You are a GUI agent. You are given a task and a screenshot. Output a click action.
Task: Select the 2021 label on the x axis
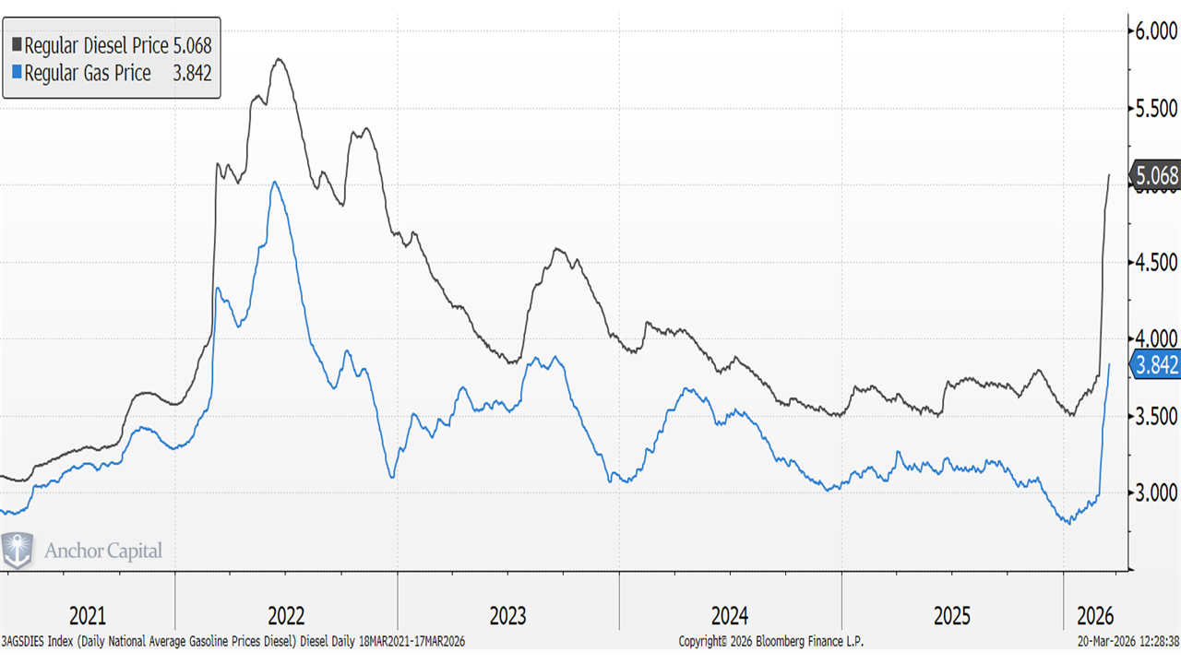point(88,615)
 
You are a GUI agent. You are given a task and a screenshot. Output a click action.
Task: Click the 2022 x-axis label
point(286,615)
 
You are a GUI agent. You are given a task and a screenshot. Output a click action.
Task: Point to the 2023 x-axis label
point(508,615)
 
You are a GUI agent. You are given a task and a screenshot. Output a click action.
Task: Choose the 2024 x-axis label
point(730,615)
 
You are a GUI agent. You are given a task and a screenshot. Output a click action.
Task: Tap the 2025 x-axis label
point(952,615)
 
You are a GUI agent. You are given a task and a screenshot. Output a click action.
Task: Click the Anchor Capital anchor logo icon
point(18,551)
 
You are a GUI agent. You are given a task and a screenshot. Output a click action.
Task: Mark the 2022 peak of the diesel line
point(279,60)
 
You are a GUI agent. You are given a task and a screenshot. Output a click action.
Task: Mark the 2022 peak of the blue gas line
point(275,183)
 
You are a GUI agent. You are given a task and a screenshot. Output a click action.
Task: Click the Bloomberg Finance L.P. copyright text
point(770,641)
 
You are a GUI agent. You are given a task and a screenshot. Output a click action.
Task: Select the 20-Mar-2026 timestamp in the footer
point(1118,641)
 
